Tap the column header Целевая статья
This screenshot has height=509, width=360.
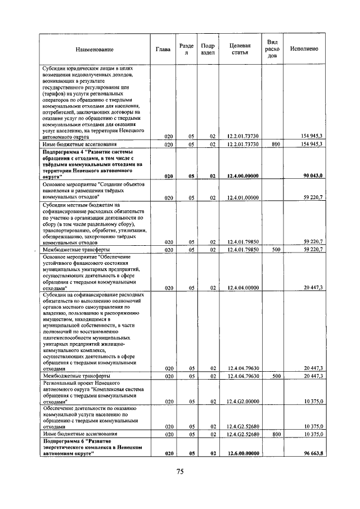click(x=240, y=49)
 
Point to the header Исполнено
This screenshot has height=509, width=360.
click(x=304, y=49)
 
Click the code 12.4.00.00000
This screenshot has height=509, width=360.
click(x=243, y=176)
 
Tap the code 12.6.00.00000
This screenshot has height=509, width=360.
click(x=243, y=453)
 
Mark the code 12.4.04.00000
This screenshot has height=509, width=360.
click(x=243, y=287)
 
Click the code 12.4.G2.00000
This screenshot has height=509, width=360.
click(x=243, y=402)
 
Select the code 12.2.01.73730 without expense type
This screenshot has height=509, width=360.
click(x=243, y=137)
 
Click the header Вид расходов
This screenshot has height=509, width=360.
click(x=272, y=49)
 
